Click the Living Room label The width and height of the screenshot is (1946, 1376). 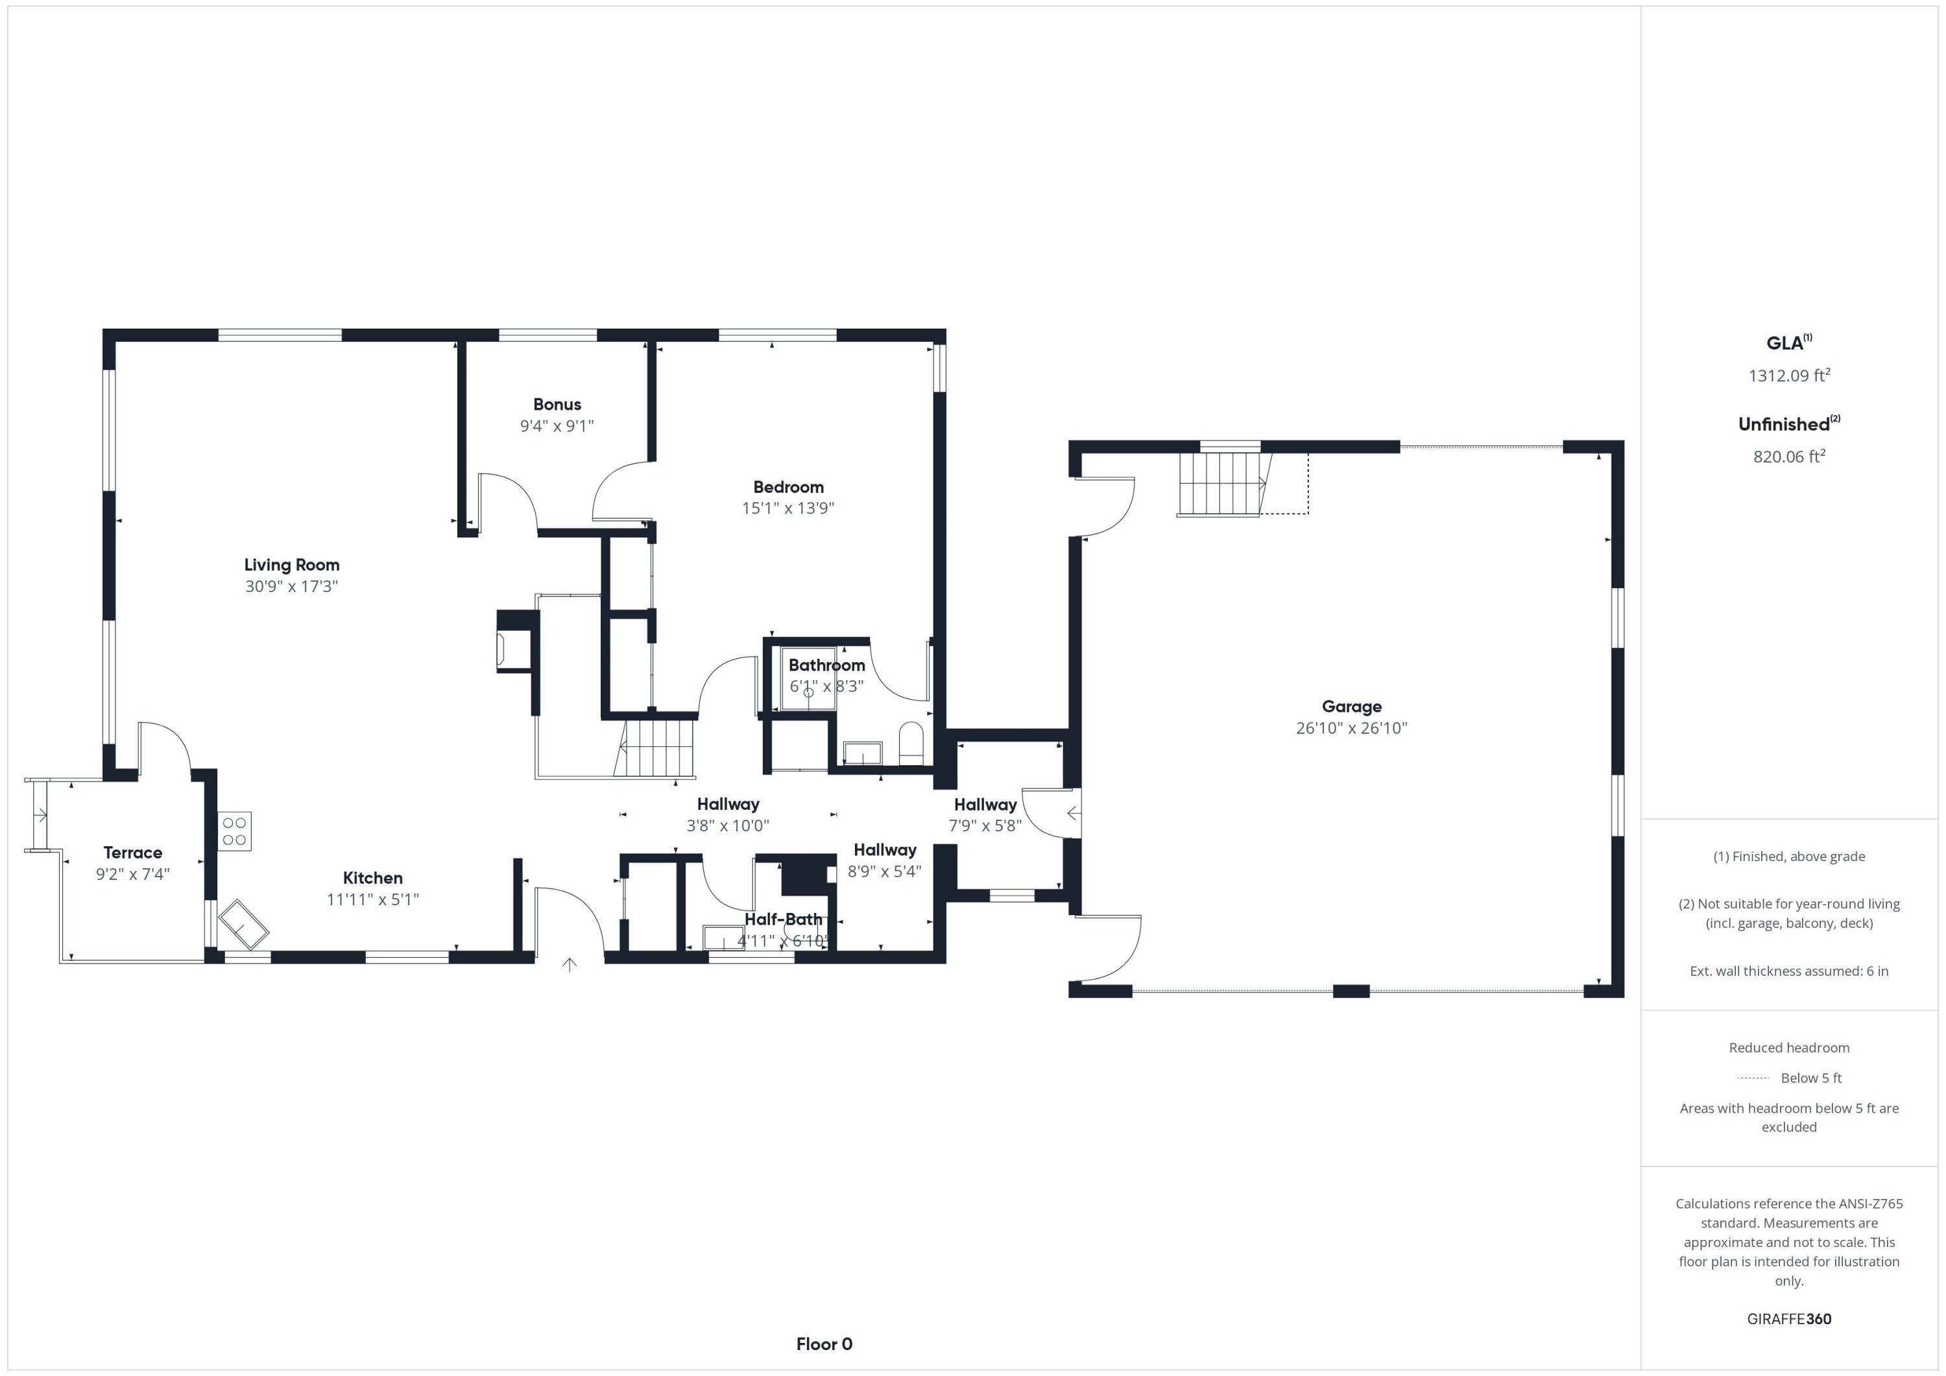click(291, 565)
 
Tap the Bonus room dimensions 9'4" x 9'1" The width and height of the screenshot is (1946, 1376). click(557, 426)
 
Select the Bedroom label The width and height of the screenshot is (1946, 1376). click(788, 487)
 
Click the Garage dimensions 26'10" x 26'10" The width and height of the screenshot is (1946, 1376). click(1351, 728)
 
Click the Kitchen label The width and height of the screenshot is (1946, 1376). click(373, 879)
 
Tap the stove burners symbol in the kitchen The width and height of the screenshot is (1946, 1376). click(235, 831)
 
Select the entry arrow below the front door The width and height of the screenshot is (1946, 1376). click(570, 964)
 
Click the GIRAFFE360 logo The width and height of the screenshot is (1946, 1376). click(1788, 1319)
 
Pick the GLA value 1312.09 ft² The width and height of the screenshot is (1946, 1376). click(1788, 375)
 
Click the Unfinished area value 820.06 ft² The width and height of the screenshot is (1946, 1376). click(1788, 457)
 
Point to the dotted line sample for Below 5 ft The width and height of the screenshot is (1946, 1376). click(1753, 1078)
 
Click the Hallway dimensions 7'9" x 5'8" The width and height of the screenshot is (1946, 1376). click(985, 826)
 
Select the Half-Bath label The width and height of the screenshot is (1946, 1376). click(783, 919)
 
